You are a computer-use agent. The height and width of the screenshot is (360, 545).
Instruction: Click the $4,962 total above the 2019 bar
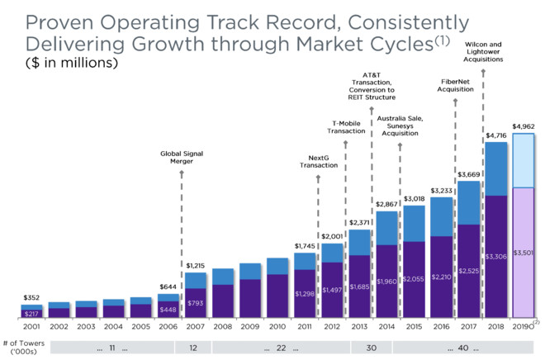pos(524,126)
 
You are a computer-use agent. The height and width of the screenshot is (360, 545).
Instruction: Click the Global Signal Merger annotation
pos(181,157)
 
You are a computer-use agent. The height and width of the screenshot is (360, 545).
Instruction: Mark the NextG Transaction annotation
pos(319,161)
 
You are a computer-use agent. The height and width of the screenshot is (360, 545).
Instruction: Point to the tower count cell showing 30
pos(360,348)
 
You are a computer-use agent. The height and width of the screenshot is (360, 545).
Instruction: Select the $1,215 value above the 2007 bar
pos(196,265)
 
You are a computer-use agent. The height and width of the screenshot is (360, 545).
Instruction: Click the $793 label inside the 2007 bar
pos(196,303)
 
